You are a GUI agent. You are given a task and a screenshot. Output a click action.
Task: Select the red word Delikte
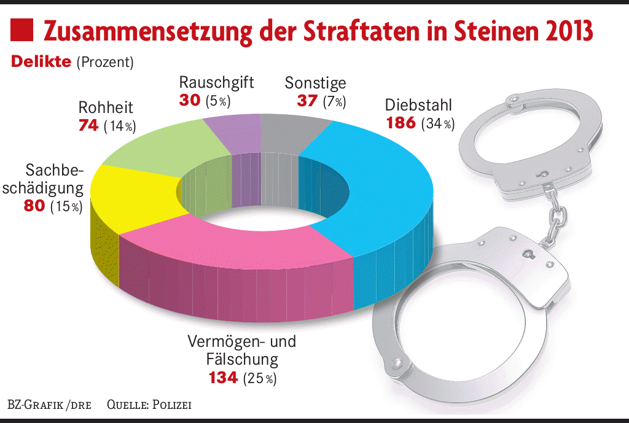(41, 62)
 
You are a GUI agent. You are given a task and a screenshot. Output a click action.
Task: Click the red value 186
(400, 123)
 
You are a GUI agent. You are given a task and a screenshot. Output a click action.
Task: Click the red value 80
(34, 206)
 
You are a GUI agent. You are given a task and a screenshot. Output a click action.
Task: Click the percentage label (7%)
(334, 101)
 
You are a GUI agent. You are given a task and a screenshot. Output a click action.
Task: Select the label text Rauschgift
(216, 82)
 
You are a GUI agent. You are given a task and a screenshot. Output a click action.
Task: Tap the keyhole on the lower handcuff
(526, 253)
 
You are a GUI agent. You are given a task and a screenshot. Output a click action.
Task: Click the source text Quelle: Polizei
(149, 405)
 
